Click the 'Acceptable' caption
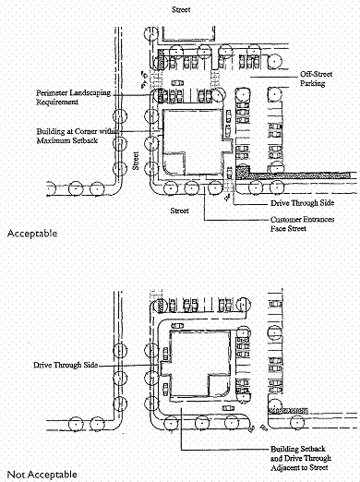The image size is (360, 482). [32, 234]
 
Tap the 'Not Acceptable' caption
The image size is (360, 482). [42, 475]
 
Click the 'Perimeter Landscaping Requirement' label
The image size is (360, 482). [73, 97]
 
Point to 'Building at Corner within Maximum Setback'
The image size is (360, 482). [78, 136]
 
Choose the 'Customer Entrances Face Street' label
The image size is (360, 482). [302, 223]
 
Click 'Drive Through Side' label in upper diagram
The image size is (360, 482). [302, 203]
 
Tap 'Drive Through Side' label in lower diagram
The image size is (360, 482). [66, 365]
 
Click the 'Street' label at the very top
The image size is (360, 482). [181, 9]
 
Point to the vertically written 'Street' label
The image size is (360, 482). [136, 161]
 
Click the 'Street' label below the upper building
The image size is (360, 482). [180, 211]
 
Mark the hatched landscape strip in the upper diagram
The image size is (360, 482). [294, 175]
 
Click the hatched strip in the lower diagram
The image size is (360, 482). [288, 411]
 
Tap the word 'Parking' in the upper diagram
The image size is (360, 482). [313, 83]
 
